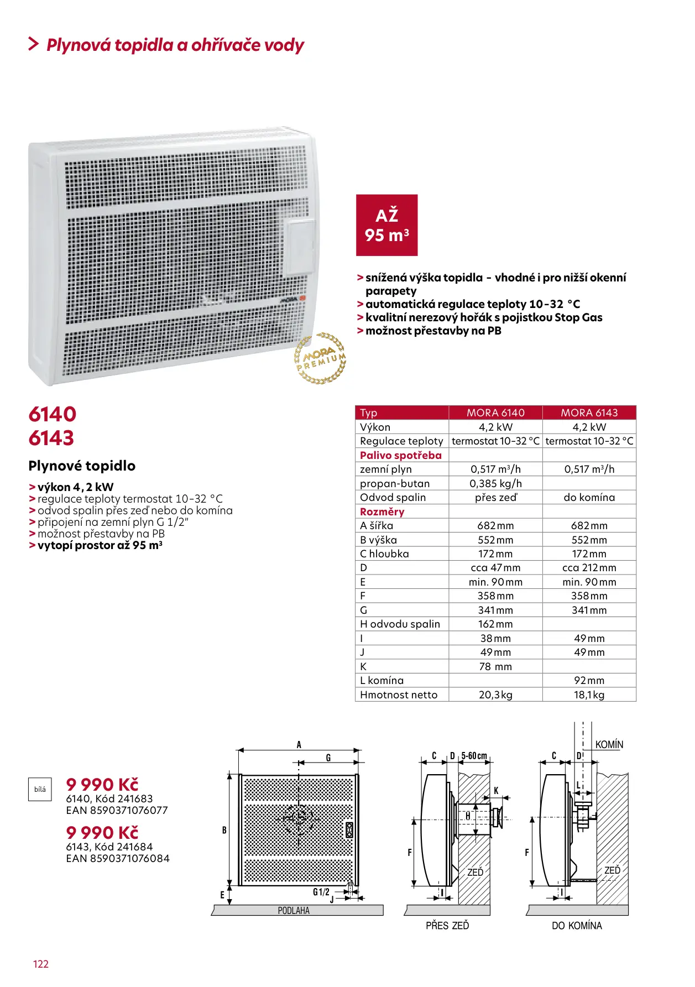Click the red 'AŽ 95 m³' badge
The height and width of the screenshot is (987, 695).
pyautogui.click(x=386, y=225)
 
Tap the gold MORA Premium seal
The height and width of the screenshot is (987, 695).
pyautogui.click(x=320, y=358)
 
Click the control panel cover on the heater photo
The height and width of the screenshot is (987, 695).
pyautogui.click(x=299, y=247)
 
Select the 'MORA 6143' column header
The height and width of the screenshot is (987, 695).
pyautogui.click(x=589, y=412)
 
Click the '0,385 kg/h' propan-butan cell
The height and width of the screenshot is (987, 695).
pyautogui.click(x=495, y=483)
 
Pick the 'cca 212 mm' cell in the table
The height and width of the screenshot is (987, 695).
pyautogui.click(x=589, y=568)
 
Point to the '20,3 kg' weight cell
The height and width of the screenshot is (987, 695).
pyautogui.click(x=495, y=694)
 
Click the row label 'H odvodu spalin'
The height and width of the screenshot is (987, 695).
pyautogui.click(x=400, y=624)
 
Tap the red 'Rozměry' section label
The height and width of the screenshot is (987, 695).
pyautogui.click(x=382, y=511)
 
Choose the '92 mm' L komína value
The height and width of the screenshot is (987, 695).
pyautogui.click(x=589, y=681)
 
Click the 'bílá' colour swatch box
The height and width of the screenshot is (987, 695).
pyautogui.click(x=40, y=790)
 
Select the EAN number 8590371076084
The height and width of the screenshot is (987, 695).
pyautogui.click(x=118, y=859)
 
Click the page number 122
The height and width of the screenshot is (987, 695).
pyautogui.click(x=41, y=964)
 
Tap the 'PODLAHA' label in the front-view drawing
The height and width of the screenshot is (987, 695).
pyautogui.click(x=294, y=911)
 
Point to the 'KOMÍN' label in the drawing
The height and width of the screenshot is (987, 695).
pyautogui.click(x=609, y=745)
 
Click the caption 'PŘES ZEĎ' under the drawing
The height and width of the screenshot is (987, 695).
pyautogui.click(x=447, y=926)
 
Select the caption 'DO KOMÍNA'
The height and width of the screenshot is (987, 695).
pyautogui.click(x=577, y=926)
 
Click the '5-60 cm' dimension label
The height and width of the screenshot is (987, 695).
pyautogui.click(x=474, y=756)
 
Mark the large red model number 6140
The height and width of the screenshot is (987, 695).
pyautogui.click(x=53, y=414)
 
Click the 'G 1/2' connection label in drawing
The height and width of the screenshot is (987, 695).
pyautogui.click(x=321, y=892)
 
